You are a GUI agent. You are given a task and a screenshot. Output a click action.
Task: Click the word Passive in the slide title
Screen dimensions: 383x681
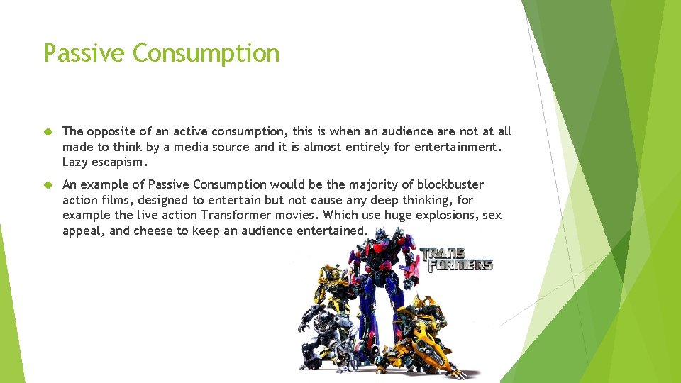(84, 53)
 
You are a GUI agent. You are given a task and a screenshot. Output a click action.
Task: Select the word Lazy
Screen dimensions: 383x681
(74, 162)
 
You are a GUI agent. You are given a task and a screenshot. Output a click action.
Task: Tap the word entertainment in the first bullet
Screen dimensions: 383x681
(458, 147)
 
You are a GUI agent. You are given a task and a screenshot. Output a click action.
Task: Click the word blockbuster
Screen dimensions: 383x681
(450, 184)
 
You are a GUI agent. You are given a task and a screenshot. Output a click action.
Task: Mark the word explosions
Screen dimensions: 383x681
(445, 215)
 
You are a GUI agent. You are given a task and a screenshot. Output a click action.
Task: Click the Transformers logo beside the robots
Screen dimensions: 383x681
(455, 260)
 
